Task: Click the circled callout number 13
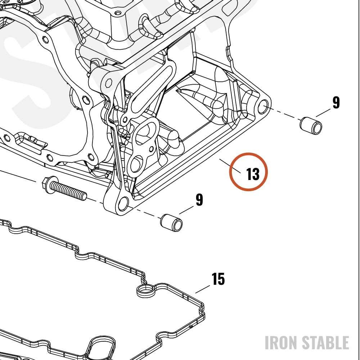(x=253, y=174)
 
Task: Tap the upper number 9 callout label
(x=336, y=102)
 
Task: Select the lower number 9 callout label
(x=199, y=200)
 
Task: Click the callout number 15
(x=218, y=279)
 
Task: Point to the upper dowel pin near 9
(x=311, y=126)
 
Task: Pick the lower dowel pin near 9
(x=171, y=223)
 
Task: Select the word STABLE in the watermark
(x=325, y=343)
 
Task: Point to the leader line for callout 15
(x=202, y=289)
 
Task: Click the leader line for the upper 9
(x=323, y=113)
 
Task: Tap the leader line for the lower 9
(x=186, y=210)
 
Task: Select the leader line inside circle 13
(x=230, y=166)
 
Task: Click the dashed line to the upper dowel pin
(x=285, y=114)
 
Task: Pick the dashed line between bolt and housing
(x=95, y=201)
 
